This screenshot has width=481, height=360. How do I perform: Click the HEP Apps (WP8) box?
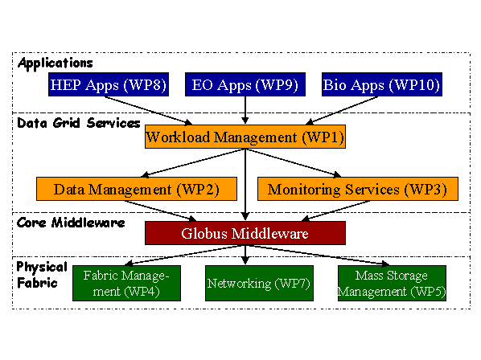point(109,84)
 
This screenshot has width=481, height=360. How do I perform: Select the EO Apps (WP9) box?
point(245,84)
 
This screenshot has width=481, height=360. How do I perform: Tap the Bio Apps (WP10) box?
point(382,84)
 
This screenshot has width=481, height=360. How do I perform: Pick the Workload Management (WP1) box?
point(245,137)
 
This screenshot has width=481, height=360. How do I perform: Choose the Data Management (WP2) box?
point(137,189)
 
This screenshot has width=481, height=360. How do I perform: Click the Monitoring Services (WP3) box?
point(358,189)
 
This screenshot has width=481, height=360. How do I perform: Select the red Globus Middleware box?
point(245,233)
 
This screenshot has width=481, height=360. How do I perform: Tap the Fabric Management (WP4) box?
point(127,283)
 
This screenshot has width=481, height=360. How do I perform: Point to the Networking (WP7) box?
point(259,283)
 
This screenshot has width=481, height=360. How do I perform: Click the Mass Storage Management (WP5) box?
point(392,283)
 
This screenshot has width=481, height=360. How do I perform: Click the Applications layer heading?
point(55,63)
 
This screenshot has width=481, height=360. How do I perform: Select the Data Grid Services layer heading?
point(79,123)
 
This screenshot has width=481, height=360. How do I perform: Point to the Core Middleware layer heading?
point(71,223)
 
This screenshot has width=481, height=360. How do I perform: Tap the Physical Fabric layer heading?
point(42,275)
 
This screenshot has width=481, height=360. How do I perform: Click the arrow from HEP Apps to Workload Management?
point(149,111)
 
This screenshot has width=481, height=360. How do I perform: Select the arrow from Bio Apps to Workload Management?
point(342,111)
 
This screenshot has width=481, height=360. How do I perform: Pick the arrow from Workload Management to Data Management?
point(193,163)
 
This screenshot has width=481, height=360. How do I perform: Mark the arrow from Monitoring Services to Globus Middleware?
point(335,211)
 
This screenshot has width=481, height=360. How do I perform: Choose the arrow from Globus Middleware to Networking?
point(245,255)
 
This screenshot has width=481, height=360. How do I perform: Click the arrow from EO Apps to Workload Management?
point(245,110)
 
